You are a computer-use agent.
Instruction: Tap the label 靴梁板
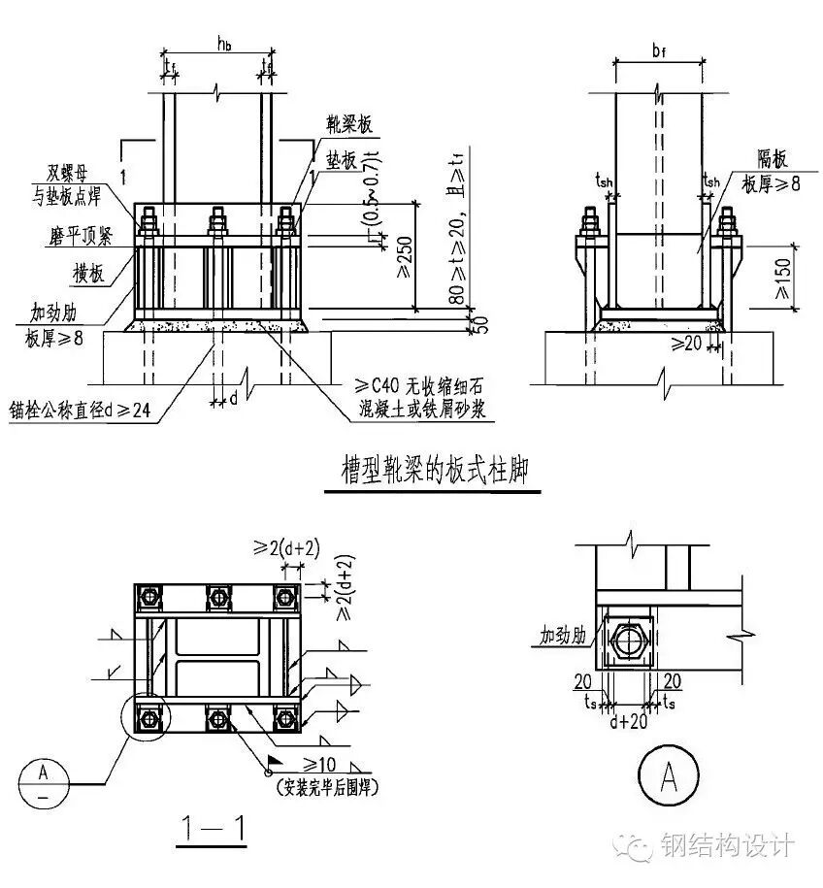click(x=350, y=125)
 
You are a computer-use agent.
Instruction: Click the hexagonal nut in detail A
click(x=632, y=641)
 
